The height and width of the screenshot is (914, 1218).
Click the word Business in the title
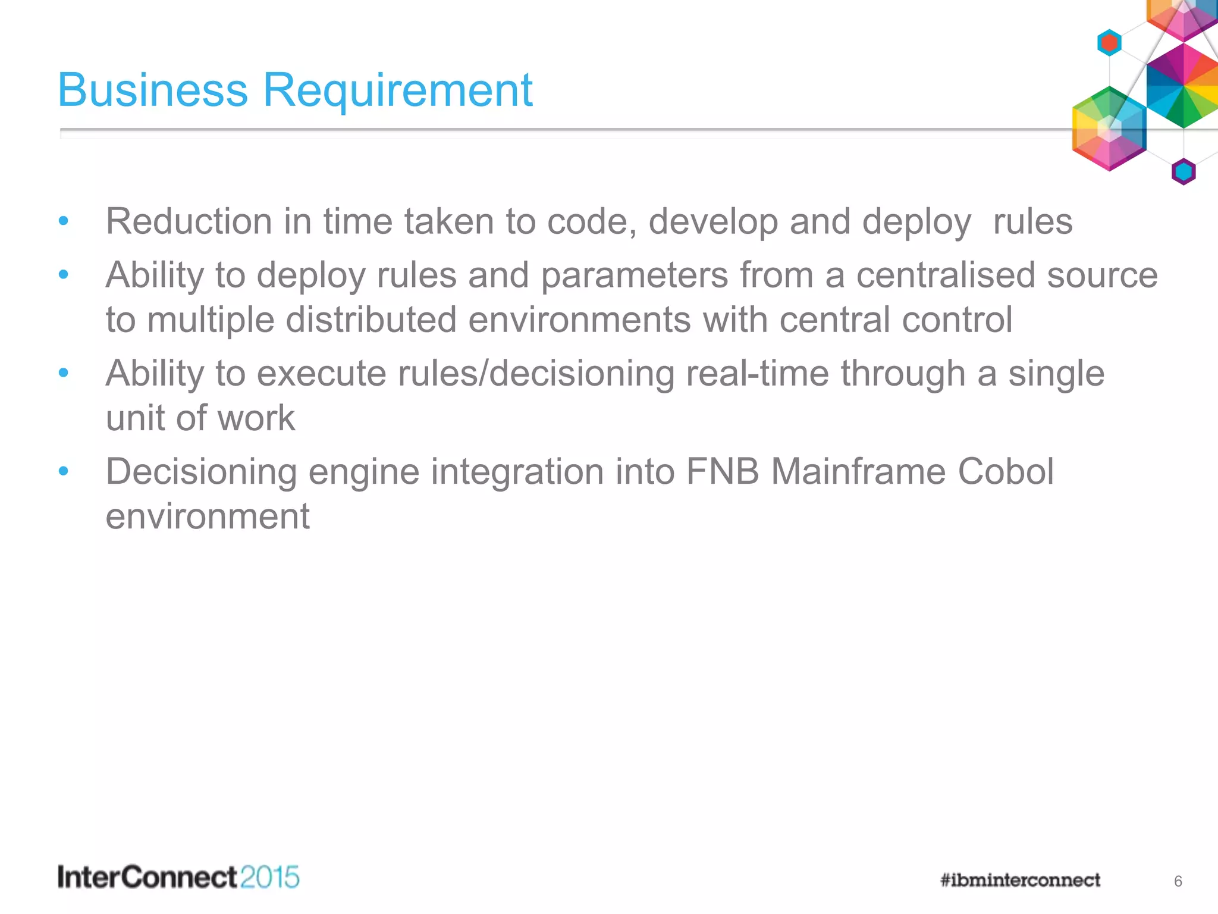coord(152,90)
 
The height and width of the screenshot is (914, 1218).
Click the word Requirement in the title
coord(397,90)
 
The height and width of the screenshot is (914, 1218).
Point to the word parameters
coord(634,276)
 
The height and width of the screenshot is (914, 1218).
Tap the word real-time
coord(757,374)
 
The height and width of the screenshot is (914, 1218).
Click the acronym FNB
coord(722,472)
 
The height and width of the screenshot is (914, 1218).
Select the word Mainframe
coord(858,472)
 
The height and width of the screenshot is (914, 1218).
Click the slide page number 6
coord(1178,881)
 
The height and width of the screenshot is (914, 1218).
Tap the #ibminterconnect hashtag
coord(1020,880)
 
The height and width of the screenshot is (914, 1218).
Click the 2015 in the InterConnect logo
coord(269,878)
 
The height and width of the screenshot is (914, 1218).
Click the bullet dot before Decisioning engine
coord(64,471)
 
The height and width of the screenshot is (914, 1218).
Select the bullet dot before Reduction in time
coord(64,221)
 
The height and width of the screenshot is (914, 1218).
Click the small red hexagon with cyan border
coord(1109,43)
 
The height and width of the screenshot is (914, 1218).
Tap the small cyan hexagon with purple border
coord(1183,172)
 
